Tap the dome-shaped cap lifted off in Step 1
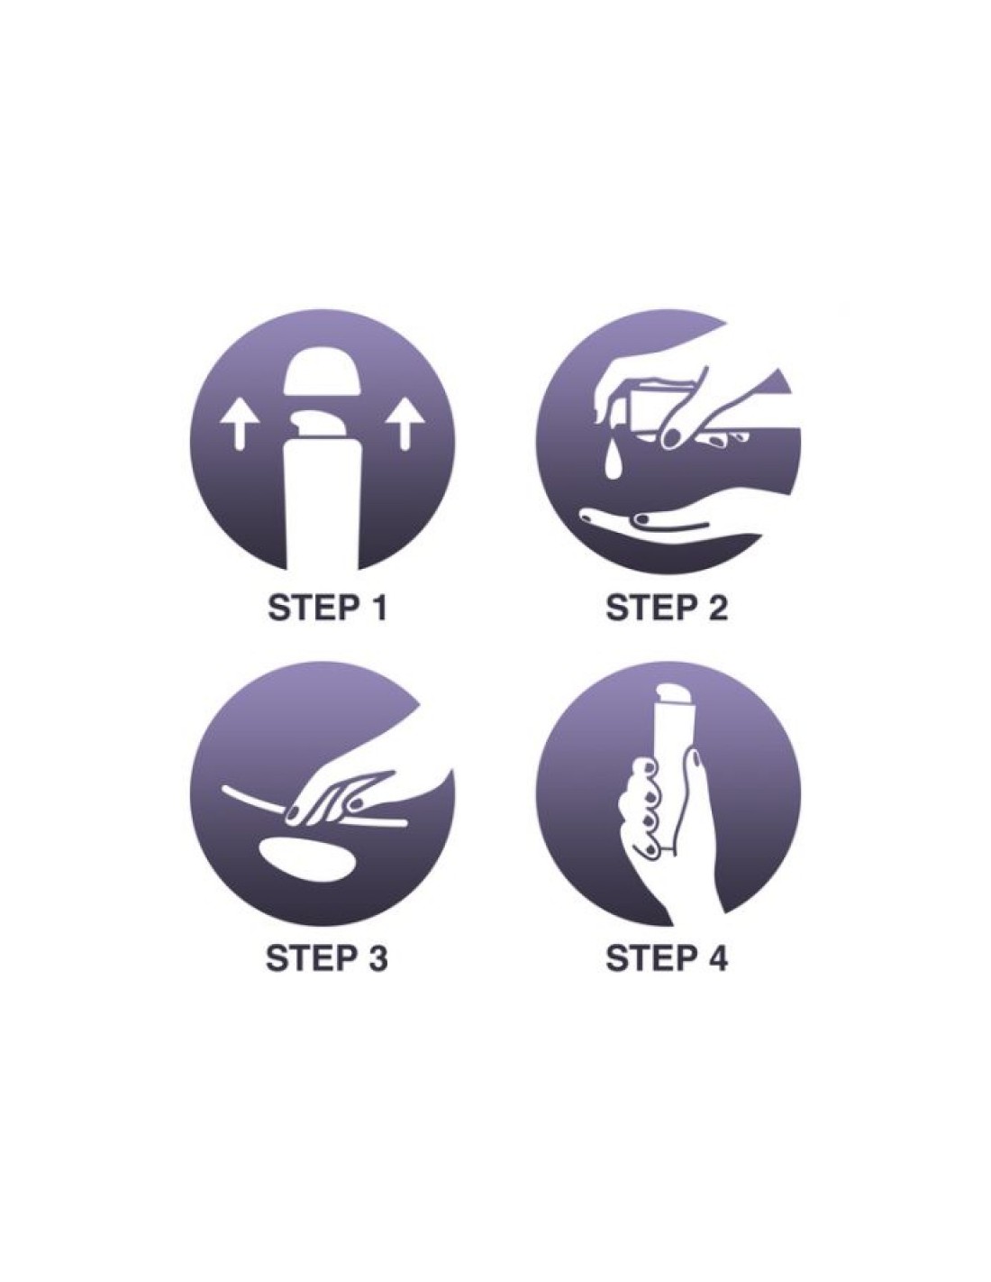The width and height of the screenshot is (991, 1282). tap(322, 372)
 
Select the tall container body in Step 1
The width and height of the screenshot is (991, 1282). tap(322, 508)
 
